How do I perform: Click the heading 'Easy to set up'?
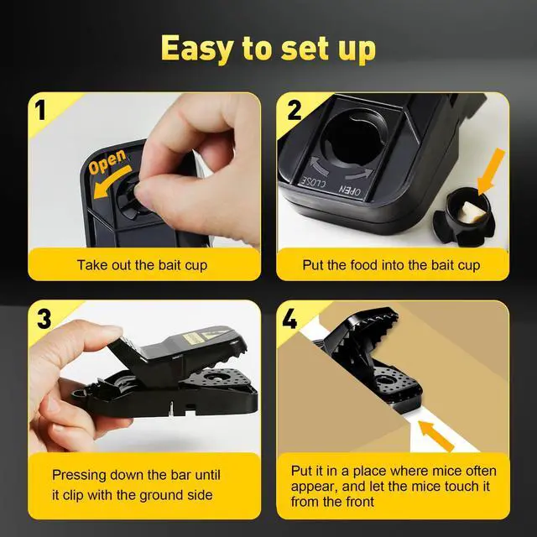268,49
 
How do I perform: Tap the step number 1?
41,110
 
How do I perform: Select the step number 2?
295,110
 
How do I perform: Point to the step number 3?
44,319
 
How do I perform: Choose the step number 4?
289,319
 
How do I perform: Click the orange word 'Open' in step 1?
107,161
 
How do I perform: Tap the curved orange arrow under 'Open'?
112,183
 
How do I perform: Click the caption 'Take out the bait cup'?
142,265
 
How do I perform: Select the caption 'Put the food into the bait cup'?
391,265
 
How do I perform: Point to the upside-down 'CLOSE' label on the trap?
313,183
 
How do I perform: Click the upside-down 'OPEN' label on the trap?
350,190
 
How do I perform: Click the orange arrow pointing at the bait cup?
491,172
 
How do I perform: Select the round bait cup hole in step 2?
353,140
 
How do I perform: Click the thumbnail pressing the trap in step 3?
110,331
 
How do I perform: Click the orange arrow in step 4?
436,435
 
